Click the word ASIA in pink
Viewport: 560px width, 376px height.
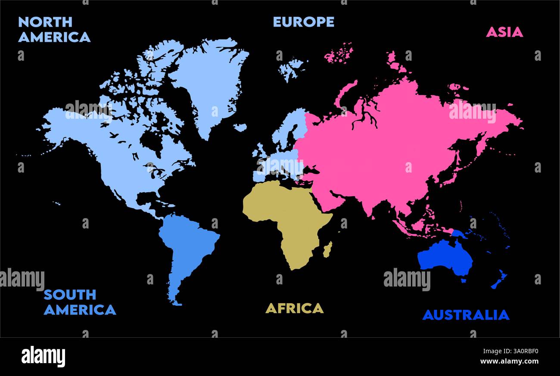click(504, 32)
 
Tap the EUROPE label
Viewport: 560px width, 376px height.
click(304, 22)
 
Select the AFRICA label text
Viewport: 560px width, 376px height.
click(294, 308)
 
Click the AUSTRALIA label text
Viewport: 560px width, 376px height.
click(466, 315)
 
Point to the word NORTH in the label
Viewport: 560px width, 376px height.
click(45, 22)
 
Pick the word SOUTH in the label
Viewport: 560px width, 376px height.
click(70, 295)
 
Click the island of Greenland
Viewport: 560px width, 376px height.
click(211, 82)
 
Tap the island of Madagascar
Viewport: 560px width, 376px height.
click(327, 250)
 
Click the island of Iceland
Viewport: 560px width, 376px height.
click(240, 127)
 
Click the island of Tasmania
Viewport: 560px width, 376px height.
click(464, 280)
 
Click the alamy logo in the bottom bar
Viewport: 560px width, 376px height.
click(43, 357)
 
